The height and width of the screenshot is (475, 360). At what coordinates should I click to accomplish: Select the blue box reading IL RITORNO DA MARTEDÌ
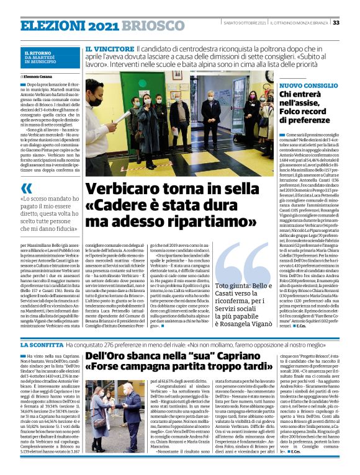coord(50,57)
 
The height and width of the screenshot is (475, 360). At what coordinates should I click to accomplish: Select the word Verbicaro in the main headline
coord(119,189)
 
